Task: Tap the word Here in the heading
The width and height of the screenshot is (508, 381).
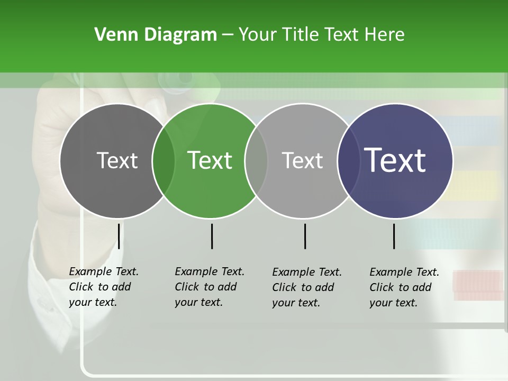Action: [385, 34]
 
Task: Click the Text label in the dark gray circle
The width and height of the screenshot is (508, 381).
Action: [117, 160]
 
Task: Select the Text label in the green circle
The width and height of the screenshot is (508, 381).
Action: [210, 160]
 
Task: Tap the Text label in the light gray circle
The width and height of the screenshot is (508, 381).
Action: [302, 160]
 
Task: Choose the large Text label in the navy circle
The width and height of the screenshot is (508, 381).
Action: [395, 160]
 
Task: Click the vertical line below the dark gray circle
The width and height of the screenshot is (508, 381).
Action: [119, 236]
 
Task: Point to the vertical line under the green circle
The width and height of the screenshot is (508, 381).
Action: [212, 236]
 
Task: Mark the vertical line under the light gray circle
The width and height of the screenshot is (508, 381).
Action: [305, 236]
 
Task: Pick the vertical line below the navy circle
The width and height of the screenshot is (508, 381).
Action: [394, 236]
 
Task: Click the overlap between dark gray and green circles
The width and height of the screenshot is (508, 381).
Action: [164, 161]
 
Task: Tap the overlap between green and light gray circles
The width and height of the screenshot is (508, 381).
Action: [256, 161]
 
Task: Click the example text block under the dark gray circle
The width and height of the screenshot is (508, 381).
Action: [104, 287]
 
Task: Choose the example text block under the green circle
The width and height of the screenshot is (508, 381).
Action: [210, 287]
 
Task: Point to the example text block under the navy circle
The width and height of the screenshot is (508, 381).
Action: [404, 287]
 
